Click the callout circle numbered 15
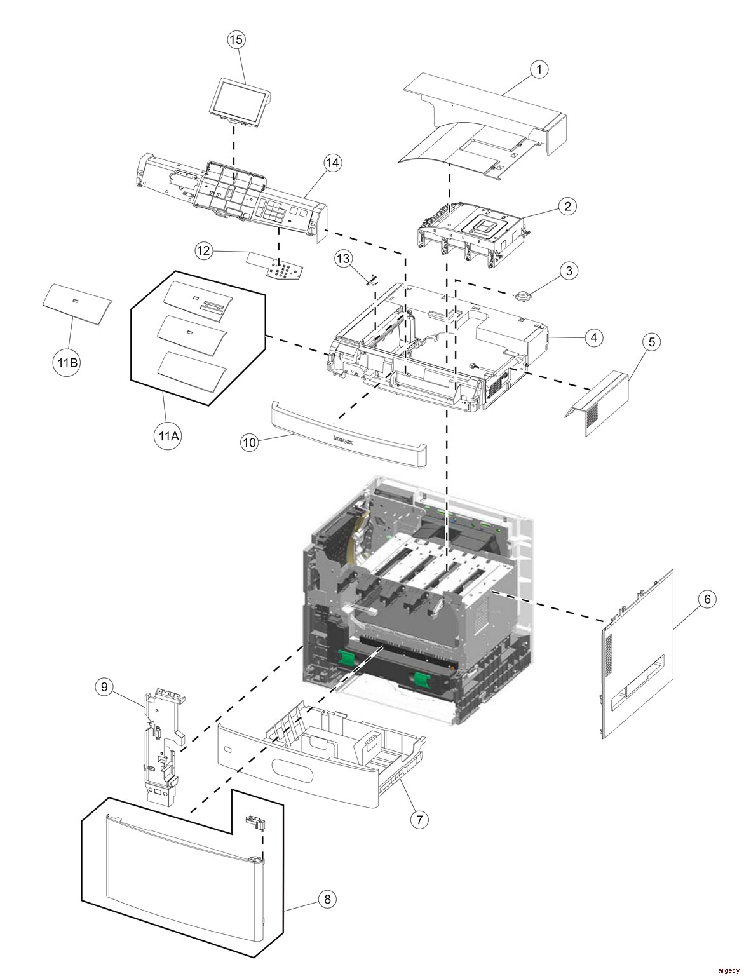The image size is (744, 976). click(236, 39)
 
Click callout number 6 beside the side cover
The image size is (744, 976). click(707, 599)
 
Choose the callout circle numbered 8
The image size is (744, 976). click(327, 898)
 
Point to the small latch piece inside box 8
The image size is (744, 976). click(254, 822)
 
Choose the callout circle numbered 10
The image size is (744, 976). click(249, 443)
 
